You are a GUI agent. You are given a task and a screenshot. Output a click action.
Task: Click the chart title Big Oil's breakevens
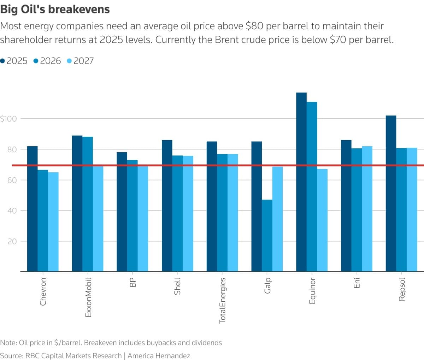point(55,9)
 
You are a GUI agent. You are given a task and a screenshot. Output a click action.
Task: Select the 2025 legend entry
point(14,61)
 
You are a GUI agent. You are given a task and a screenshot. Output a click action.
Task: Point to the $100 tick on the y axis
point(8,119)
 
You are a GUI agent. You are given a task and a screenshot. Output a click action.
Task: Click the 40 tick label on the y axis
point(12,211)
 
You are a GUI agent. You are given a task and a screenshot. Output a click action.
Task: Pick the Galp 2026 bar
point(267,236)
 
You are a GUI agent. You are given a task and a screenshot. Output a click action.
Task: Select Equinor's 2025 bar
point(301,182)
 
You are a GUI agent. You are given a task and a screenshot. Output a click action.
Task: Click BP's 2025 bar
point(122,212)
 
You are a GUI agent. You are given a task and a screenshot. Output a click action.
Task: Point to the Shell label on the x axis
point(177,286)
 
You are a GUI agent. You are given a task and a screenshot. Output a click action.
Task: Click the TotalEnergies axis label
point(222,300)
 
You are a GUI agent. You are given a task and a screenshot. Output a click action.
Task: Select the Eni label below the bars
point(357,283)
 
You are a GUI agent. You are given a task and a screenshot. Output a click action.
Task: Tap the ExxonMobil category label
point(88,297)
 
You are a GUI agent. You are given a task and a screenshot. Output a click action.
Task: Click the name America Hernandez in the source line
point(159,355)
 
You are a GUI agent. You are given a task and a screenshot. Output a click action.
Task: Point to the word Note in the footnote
point(8,343)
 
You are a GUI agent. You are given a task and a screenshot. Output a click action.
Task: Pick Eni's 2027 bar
point(367,209)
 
